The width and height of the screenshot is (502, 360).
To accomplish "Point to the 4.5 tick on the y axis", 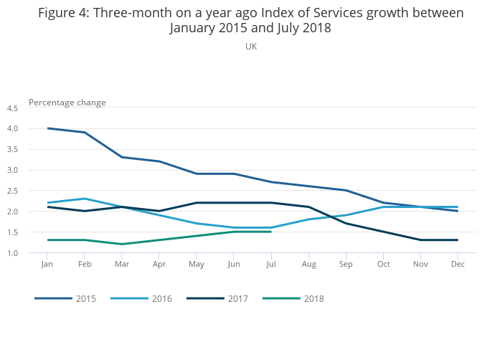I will (x=12, y=108).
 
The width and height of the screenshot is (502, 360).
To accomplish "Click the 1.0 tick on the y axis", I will (x=12, y=253).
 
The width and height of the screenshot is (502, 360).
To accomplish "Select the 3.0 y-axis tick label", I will (x=12, y=170).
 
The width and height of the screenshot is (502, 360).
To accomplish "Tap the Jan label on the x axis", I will (x=47, y=265).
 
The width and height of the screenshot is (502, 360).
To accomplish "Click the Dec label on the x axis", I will (x=458, y=265).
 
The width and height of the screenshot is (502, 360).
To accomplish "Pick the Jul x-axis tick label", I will (x=271, y=265).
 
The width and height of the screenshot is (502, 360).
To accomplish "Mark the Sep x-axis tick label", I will (x=346, y=265).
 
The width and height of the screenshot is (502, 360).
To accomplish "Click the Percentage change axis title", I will (x=67, y=103).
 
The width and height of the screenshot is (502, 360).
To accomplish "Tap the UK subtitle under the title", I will (x=251, y=47).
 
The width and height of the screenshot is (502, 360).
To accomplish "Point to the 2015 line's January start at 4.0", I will (x=47, y=128).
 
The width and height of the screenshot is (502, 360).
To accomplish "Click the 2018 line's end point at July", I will (x=271, y=232).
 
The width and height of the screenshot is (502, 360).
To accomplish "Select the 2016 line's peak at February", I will (x=85, y=199).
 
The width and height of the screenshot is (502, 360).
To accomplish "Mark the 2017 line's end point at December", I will (x=458, y=240).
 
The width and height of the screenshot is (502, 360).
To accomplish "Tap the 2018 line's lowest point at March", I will (x=122, y=244).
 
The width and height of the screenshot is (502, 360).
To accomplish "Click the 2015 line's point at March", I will (x=122, y=157).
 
